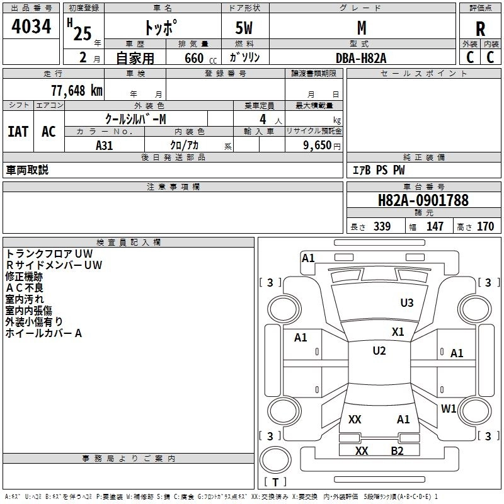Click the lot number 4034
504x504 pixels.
(31, 26)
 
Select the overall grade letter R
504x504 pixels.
(480, 29)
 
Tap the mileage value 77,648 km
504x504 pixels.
(77, 91)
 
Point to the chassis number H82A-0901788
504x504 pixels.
(423, 200)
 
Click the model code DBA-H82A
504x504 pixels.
(361, 58)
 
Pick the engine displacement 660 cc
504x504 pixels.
(200, 59)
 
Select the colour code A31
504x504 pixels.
(105, 146)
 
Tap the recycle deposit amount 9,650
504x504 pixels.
(318, 145)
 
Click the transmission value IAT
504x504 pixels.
(18, 132)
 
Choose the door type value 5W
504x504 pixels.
(244, 28)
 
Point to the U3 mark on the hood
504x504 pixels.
(407, 302)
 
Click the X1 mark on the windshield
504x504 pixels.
(398, 332)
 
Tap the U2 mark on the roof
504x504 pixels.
(379, 350)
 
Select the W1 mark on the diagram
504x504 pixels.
(449, 408)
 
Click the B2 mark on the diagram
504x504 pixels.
(397, 451)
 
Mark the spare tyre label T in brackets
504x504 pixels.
(275, 482)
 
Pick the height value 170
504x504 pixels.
(485, 227)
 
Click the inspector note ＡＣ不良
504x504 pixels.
(24, 288)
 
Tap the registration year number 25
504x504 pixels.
(83, 33)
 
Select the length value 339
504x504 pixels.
(382, 227)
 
